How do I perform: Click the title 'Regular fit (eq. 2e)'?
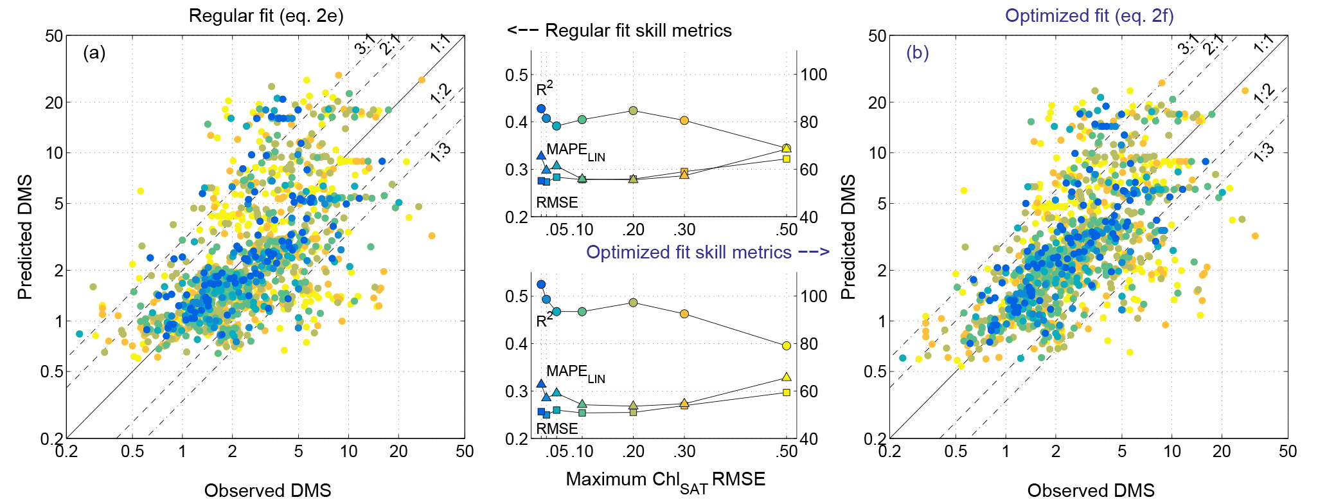265,15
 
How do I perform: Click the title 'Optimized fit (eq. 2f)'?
1089,15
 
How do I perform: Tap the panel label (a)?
94,53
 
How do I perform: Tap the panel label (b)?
917,53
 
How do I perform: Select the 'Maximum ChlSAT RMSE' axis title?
665,480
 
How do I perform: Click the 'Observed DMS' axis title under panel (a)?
267,491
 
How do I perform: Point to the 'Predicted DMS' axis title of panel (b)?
848,237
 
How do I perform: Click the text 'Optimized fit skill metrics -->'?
708,252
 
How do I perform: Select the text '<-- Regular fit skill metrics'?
619,30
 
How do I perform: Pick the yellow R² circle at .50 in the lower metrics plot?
787,346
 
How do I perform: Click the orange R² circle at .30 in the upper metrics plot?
684,120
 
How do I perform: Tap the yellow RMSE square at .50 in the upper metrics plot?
787,159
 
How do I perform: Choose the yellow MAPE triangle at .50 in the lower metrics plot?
787,377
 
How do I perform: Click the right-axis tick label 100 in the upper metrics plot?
813,75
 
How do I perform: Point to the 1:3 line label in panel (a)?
440,153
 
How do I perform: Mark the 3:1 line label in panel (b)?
1188,45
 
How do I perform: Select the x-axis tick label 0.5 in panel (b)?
956,451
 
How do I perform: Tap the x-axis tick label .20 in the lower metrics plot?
633,451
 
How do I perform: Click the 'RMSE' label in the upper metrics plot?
557,203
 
